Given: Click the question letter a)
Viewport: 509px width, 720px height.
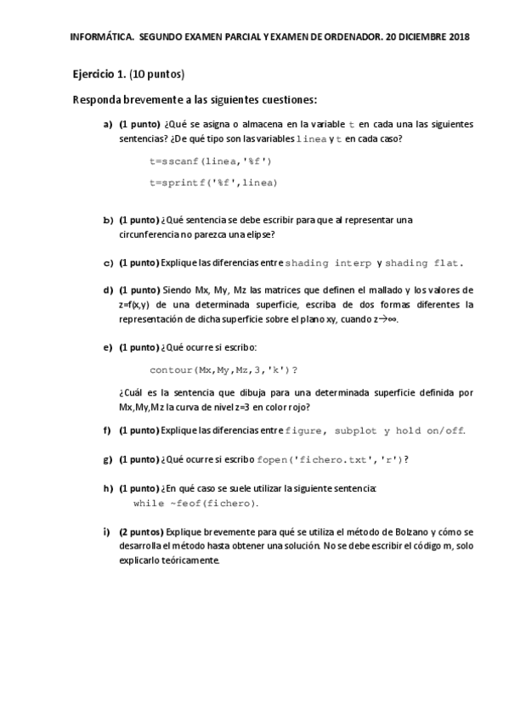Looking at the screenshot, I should click(x=108, y=124).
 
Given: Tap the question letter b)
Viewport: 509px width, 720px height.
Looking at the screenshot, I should click(x=108, y=220).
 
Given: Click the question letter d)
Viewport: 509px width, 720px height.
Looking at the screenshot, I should click(x=108, y=290).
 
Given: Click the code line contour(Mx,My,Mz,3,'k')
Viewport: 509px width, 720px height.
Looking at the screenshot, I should click(x=223, y=370).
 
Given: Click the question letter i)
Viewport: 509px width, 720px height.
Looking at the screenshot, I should click(x=107, y=532).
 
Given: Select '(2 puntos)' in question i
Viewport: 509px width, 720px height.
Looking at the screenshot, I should click(x=140, y=532).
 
